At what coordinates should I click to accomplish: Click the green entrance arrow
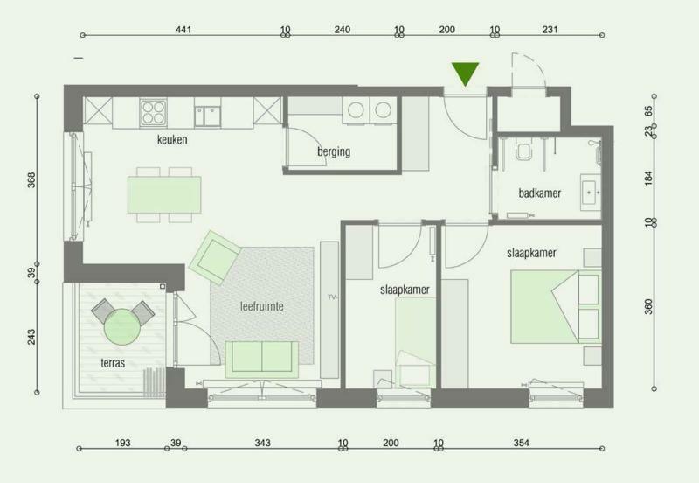pyautogui.click(x=465, y=73)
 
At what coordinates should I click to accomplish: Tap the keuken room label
pyautogui.click(x=172, y=140)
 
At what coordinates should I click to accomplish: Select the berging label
pyautogui.click(x=334, y=151)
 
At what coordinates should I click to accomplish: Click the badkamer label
pyautogui.click(x=539, y=193)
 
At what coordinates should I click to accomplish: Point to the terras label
pyautogui.click(x=113, y=363)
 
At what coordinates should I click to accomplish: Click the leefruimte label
pyautogui.click(x=261, y=306)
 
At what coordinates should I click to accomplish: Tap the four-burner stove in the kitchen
pyautogui.click(x=154, y=112)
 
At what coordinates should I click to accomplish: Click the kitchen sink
pyautogui.click(x=207, y=115)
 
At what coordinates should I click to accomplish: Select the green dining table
pyautogui.click(x=164, y=194)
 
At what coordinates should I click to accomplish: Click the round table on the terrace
pyautogui.click(x=122, y=327)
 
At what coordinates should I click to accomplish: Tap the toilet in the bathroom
pyautogui.click(x=523, y=150)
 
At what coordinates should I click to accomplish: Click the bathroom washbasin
pyautogui.click(x=592, y=192)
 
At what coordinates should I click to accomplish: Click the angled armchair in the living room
pyautogui.click(x=214, y=257)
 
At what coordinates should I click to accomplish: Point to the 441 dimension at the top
pyautogui.click(x=183, y=30)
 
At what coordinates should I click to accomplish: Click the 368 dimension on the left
pyautogui.click(x=31, y=180)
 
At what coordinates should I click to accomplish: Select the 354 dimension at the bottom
pyautogui.click(x=521, y=443)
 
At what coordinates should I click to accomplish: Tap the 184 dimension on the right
pyautogui.click(x=648, y=178)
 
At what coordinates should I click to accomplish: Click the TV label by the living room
pyautogui.click(x=331, y=297)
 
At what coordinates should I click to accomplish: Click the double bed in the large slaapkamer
pyautogui.click(x=556, y=306)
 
